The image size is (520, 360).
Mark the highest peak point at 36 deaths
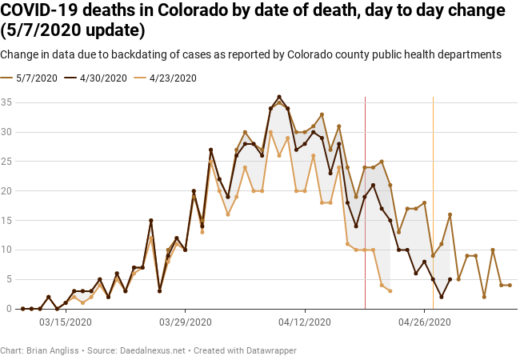click(279, 97)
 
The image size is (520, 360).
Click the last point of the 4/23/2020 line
click(390, 291)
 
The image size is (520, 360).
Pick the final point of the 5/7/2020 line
click(510, 286)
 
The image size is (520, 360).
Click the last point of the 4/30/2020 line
click(450, 279)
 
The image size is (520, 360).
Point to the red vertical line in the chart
click(365, 200)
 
